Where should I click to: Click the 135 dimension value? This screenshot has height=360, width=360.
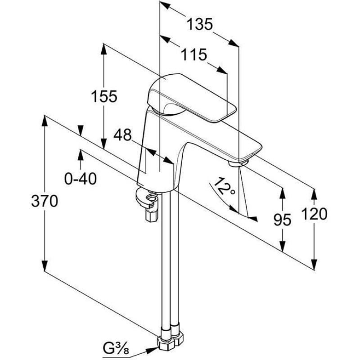coord(199,24)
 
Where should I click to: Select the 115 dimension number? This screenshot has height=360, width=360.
coord(194,55)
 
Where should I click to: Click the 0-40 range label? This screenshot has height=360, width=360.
coord(81,179)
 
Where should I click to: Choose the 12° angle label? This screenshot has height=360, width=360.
coord(224,185)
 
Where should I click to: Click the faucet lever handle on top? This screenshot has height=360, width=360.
coord(189,97)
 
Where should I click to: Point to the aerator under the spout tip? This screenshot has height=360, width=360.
coord(238,162)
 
